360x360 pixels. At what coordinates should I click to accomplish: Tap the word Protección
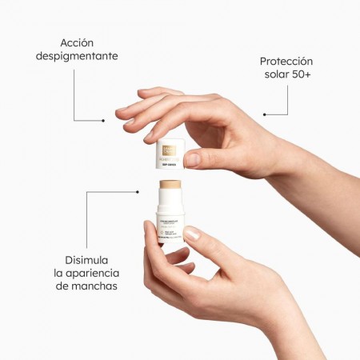(x=286, y=62)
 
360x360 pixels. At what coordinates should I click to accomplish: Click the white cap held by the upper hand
(x=170, y=157)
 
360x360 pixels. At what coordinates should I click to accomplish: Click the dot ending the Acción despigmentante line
(x=103, y=121)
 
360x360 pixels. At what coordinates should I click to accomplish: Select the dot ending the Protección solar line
(x=264, y=114)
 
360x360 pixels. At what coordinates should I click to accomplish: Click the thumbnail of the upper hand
(x=192, y=159)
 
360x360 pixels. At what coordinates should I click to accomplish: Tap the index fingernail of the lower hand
(x=191, y=234)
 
